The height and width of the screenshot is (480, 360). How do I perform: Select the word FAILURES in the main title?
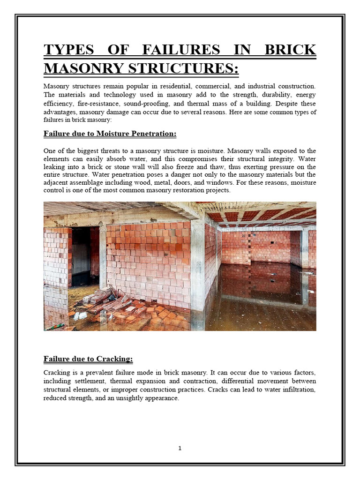coord(180,50)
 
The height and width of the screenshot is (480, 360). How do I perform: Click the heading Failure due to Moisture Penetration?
coord(110,134)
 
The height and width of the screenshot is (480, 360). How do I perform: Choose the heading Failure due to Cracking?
coord(88,359)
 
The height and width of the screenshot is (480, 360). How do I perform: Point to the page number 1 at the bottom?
coord(180,448)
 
